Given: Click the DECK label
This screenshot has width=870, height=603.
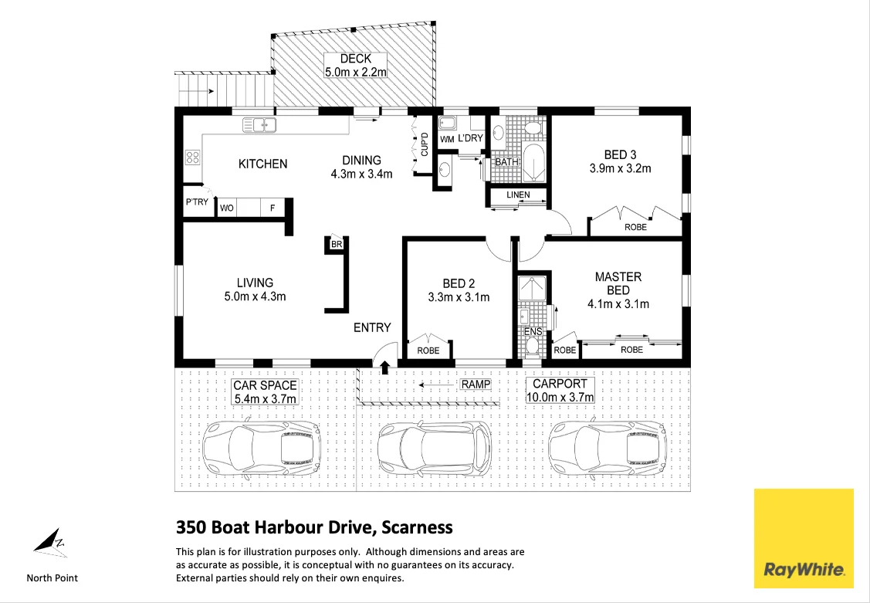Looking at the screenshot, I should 355,59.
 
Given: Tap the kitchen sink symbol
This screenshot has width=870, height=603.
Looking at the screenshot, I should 259,124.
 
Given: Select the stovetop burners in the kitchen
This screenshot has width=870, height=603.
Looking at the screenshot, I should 193,158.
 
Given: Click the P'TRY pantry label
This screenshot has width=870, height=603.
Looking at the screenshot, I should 196,202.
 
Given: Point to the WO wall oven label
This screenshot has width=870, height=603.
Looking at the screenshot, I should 228,208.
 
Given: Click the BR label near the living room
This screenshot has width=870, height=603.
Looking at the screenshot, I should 336,244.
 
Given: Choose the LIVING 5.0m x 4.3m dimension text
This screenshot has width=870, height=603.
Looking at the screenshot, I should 255,296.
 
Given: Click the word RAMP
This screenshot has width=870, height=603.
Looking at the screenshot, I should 476,384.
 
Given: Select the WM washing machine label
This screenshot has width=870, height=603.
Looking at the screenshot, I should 447,139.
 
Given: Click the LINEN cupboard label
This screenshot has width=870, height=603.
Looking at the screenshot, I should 518,195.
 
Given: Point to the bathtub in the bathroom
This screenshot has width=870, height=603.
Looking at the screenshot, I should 534,161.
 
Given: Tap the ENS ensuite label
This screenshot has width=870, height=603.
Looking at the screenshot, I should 533,332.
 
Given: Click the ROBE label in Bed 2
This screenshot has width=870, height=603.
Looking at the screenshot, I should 428,351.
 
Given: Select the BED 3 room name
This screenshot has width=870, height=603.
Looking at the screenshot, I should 620,154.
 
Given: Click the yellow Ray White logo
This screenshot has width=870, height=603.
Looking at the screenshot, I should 804,538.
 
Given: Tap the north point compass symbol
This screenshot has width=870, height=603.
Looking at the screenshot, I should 49,541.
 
